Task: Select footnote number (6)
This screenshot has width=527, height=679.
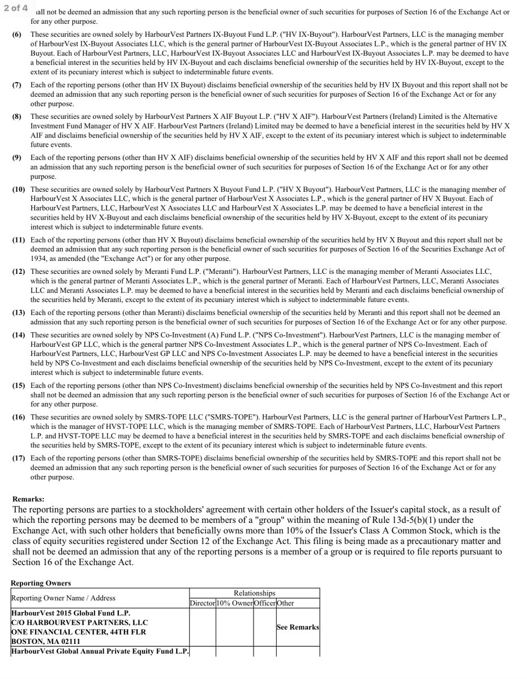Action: tap(17, 35)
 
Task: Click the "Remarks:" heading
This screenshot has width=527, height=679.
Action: tap(28, 500)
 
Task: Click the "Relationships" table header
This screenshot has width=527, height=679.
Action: tap(254, 593)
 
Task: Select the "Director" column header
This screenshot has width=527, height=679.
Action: tap(202, 603)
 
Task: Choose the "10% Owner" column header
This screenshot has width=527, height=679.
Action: tap(234, 603)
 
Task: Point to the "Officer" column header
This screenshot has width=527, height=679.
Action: tap(264, 603)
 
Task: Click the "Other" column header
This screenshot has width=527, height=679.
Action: tap(285, 603)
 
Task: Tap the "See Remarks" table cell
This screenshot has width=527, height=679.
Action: tap(297, 628)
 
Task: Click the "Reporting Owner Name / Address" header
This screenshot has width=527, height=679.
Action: tap(63, 598)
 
